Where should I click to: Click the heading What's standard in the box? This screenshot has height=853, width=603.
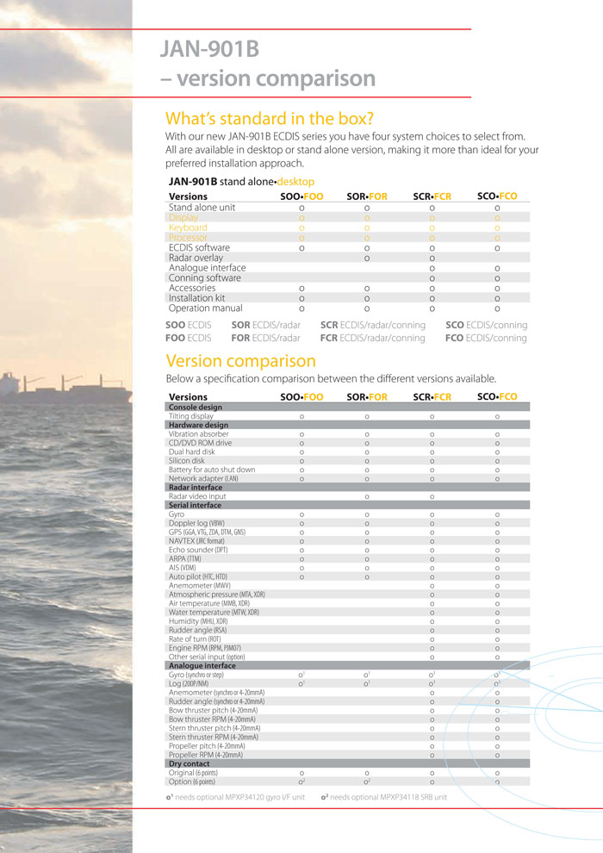point(270,118)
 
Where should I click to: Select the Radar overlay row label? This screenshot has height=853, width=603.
point(196,258)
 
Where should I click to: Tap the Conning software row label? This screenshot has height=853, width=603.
point(205,278)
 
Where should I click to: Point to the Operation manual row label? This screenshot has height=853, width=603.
point(206,308)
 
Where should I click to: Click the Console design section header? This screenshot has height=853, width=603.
point(196,407)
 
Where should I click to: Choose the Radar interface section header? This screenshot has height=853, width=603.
point(195,488)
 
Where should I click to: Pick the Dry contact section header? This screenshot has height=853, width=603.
point(190,763)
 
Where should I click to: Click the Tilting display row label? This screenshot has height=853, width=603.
point(191,416)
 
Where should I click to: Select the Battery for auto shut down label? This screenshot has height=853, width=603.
point(212,470)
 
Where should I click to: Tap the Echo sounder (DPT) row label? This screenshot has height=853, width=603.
point(199,550)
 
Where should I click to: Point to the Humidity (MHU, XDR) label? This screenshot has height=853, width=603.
point(204,621)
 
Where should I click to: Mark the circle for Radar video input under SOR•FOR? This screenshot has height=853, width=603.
point(367,496)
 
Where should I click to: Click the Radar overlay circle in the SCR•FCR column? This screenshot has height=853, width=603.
point(432,258)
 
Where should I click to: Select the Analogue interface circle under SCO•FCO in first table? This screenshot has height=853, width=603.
point(497,268)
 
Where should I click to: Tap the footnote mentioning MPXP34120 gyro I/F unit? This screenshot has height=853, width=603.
point(235,797)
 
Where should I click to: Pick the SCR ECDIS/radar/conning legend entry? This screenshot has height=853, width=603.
point(372,325)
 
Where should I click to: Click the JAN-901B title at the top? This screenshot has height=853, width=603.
point(209,49)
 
